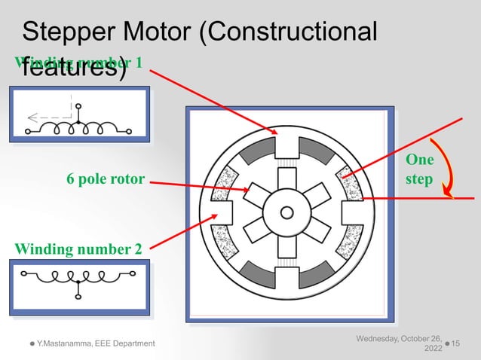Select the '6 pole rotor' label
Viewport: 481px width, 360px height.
pyautogui.click(x=105, y=181)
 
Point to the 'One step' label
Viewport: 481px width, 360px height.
pyautogui.click(x=419, y=170)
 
